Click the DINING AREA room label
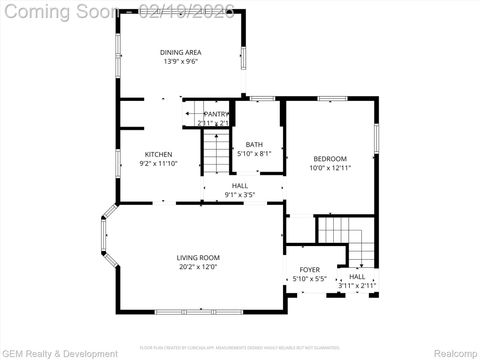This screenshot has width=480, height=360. pyautogui.click(x=180, y=52)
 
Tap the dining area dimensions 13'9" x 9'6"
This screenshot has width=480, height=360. pyautogui.click(x=180, y=62)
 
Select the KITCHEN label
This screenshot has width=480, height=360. pyautogui.click(x=158, y=153)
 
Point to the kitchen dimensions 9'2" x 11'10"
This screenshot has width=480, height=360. pyautogui.click(x=158, y=163)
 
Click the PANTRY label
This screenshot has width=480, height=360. pyautogui.click(x=216, y=114)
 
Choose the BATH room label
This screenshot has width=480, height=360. pyautogui.click(x=254, y=144)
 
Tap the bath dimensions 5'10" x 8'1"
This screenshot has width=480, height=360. pyautogui.click(x=254, y=154)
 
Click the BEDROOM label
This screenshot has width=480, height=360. pyautogui.click(x=329, y=159)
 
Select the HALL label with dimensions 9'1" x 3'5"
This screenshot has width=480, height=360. pyautogui.click(x=240, y=185)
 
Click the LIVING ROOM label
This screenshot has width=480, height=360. pyautogui.click(x=198, y=257)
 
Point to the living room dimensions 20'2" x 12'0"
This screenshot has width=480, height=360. pyautogui.click(x=198, y=267)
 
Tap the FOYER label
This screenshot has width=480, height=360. pyautogui.click(x=310, y=270)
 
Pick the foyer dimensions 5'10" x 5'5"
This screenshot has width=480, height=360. pyautogui.click(x=310, y=279)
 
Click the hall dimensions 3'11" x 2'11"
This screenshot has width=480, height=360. pyautogui.click(x=357, y=286)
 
